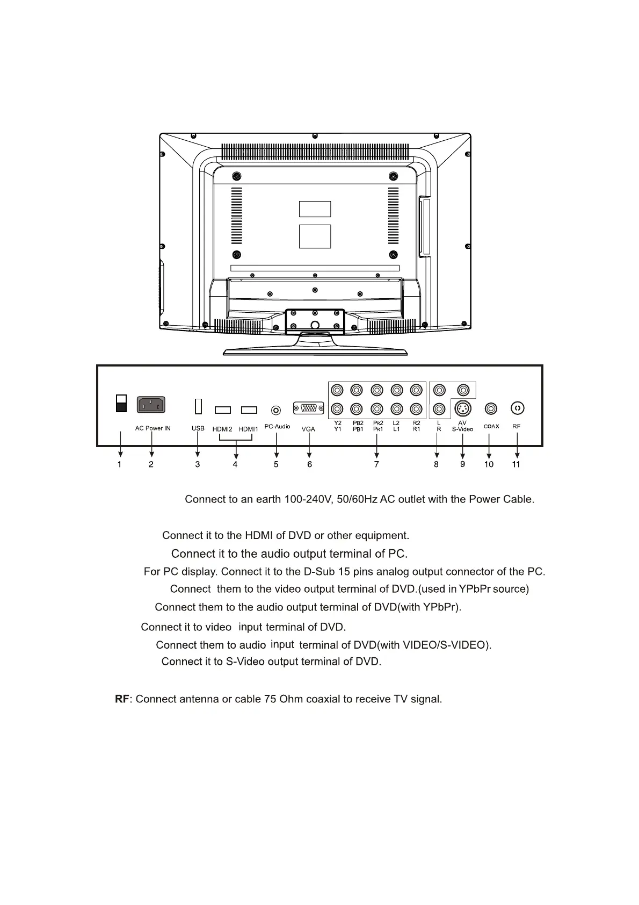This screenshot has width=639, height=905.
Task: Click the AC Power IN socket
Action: coord(151,405)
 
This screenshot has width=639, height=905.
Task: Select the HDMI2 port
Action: coord(223,410)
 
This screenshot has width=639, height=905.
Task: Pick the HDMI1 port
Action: coord(249,410)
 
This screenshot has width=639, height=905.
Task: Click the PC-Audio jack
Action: coord(276,411)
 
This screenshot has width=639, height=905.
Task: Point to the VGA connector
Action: coord(309,409)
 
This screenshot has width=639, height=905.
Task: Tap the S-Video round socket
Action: coord(463,409)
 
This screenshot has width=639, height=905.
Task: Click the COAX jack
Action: coord(490,409)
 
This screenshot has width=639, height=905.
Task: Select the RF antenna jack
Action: coord(517,408)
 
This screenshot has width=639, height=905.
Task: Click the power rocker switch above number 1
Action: coord(121,404)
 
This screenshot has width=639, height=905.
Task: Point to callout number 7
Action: coord(376,464)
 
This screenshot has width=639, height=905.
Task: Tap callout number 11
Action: coord(516,464)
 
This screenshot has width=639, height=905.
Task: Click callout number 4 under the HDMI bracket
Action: coord(235,464)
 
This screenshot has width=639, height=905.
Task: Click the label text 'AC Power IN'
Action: coord(153,428)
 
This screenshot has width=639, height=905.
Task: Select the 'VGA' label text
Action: coord(308,429)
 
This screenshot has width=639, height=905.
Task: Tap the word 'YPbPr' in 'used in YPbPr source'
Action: coord(475,589)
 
